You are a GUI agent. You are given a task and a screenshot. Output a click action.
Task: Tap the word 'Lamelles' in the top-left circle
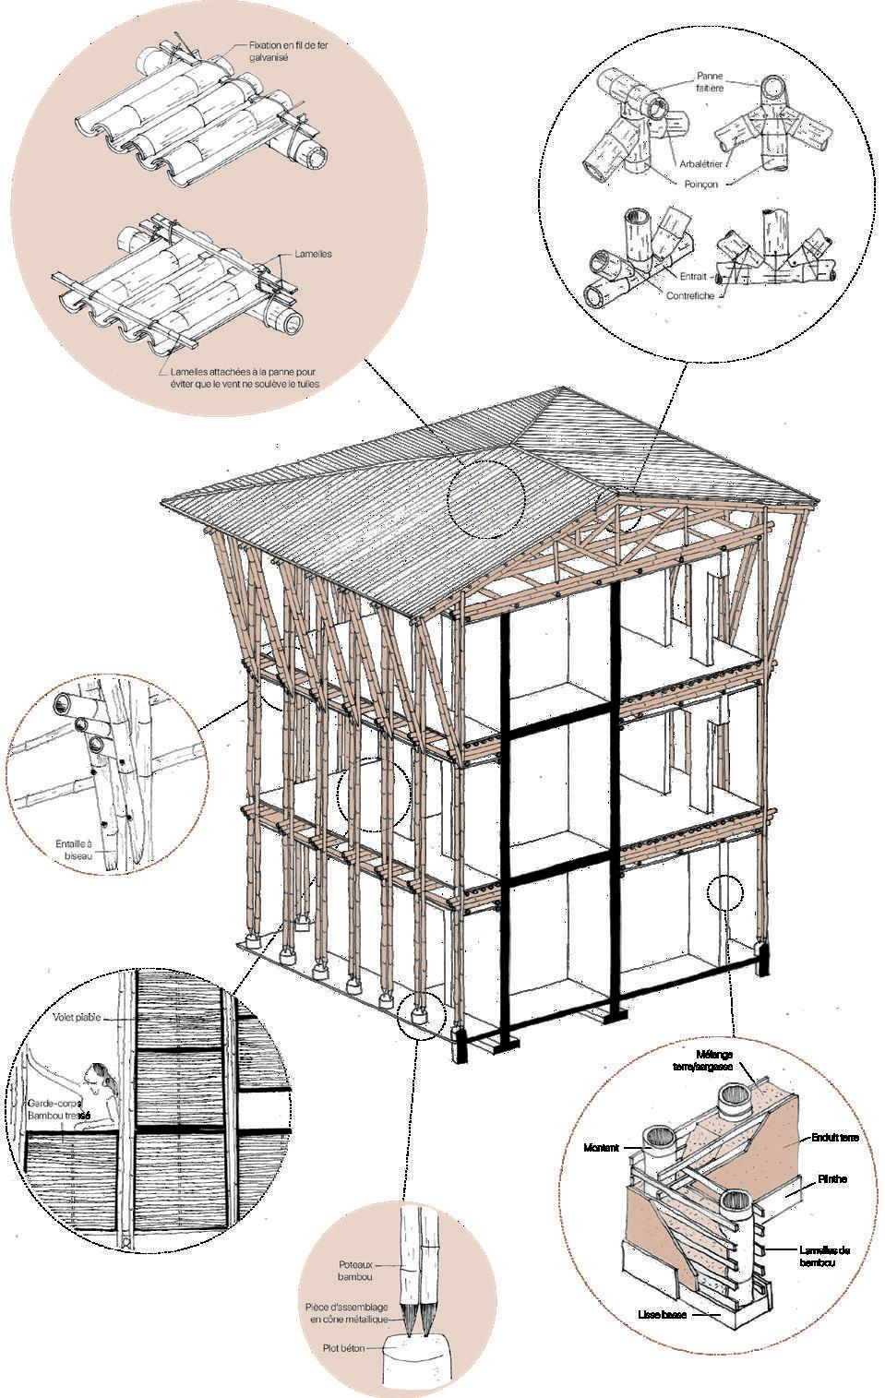tap(315, 253)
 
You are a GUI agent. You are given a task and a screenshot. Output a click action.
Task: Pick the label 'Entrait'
tap(692, 276)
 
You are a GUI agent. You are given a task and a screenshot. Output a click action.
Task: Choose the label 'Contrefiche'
tap(689, 295)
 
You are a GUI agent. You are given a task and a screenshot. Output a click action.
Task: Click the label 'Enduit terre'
tap(835, 1138)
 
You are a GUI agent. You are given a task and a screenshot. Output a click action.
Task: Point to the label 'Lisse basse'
tap(662, 1314)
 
